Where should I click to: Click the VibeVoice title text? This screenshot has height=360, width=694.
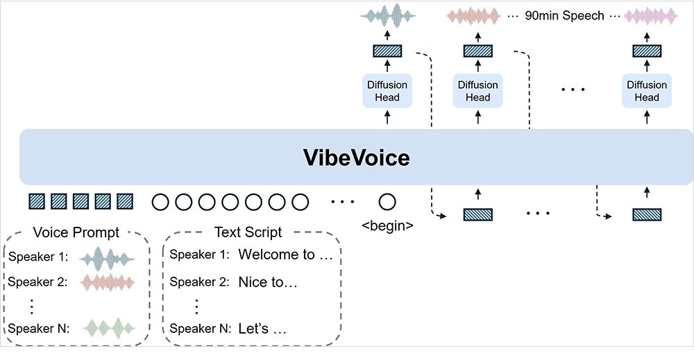[x=356, y=157]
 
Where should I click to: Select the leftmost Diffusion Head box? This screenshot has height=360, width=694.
[x=387, y=91]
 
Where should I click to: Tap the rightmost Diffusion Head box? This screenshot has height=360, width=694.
[x=646, y=91]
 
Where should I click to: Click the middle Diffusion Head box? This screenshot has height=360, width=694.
[x=477, y=91]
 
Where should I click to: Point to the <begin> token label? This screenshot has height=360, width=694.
[x=388, y=225]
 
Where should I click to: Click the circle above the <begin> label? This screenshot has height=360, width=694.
[x=387, y=202]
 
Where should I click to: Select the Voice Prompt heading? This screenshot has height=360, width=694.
[x=76, y=232]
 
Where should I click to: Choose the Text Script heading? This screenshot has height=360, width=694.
[x=248, y=232]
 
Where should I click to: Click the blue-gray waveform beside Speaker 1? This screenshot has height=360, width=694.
[x=106, y=257]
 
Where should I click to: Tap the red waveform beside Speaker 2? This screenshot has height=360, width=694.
[x=106, y=282]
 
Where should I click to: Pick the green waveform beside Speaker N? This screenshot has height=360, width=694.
[x=106, y=328]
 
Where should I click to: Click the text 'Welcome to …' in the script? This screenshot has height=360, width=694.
[x=286, y=255]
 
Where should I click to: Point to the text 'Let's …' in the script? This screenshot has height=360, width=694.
[x=262, y=328]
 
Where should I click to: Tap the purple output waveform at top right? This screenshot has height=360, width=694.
[x=652, y=15]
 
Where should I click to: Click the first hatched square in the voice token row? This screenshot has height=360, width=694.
[x=35, y=202]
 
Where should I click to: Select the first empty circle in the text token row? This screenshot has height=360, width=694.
[x=160, y=202]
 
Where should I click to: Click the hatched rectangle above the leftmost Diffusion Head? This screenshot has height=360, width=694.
[x=387, y=51]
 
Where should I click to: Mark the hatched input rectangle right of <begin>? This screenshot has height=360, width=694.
[x=477, y=215]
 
